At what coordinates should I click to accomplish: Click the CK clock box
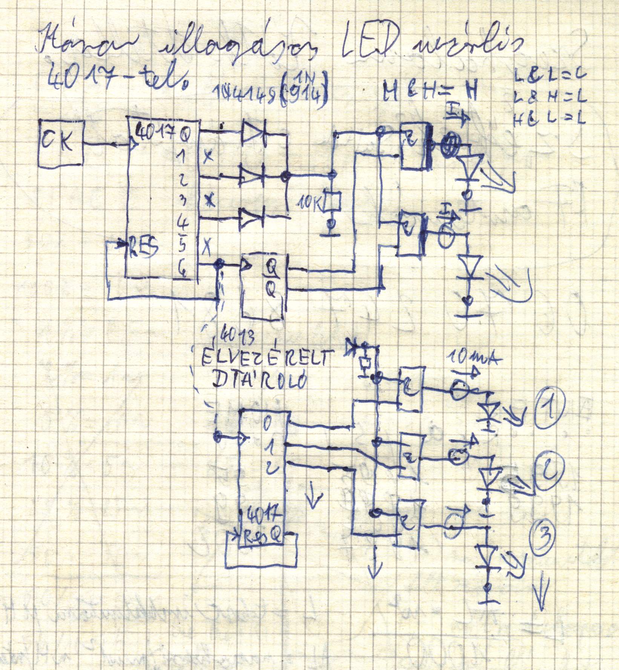pos(60,143)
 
